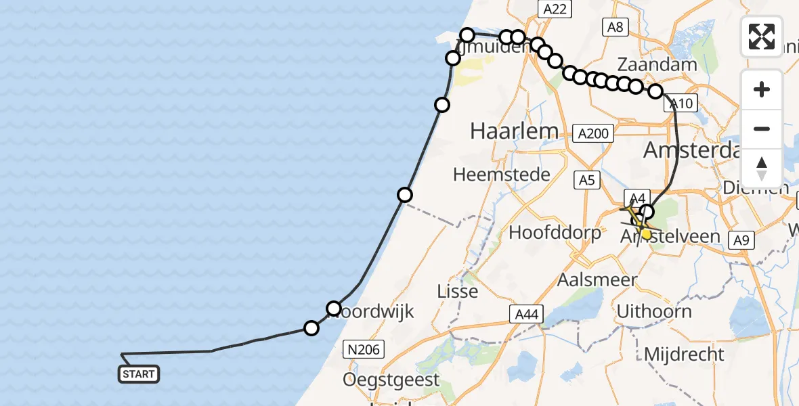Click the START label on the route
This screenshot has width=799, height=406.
139,374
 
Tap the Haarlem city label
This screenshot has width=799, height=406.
515,131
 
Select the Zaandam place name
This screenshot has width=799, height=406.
657,65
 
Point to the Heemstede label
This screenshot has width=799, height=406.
502,175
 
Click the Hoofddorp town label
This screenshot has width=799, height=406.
555,233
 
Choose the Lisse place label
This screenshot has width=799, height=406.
458,292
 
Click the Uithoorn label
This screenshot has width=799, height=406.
654,311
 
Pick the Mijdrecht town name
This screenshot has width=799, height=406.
684,354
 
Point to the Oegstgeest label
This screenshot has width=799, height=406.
391,380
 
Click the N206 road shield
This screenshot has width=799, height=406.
364,349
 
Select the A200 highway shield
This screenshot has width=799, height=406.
594,134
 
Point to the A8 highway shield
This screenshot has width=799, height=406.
615,27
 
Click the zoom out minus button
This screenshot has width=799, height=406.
762,129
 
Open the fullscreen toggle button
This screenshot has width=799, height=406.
762,36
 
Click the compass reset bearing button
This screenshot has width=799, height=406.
762,167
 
